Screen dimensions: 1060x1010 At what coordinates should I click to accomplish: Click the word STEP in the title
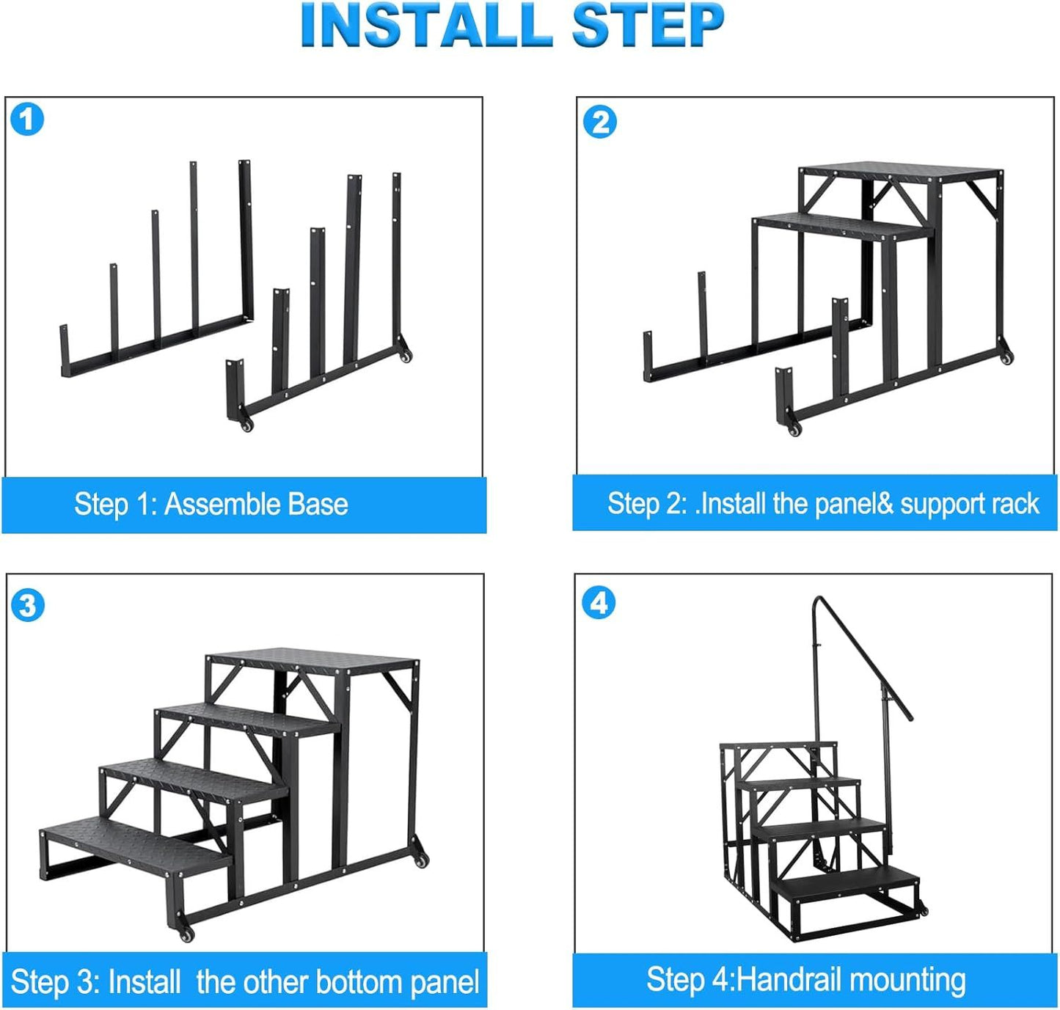click(648, 25)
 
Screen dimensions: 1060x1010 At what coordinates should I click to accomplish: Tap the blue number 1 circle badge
click(27, 120)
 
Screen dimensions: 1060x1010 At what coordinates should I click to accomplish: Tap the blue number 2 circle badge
click(599, 122)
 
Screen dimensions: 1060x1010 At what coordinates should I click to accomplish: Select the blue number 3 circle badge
click(27, 605)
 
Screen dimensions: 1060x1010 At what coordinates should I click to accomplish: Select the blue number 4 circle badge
click(599, 602)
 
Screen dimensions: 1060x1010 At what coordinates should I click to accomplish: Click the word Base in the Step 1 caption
click(318, 504)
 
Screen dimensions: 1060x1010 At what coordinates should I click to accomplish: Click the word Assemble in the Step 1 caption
click(222, 504)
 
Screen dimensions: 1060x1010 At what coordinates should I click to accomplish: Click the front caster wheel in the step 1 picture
click(246, 425)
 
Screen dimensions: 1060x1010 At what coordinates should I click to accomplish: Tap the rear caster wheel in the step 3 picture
click(420, 860)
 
